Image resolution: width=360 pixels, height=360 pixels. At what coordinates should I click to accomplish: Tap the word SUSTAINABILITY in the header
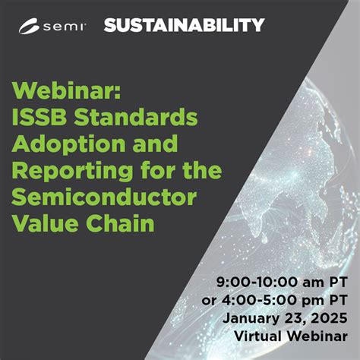click(184, 25)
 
